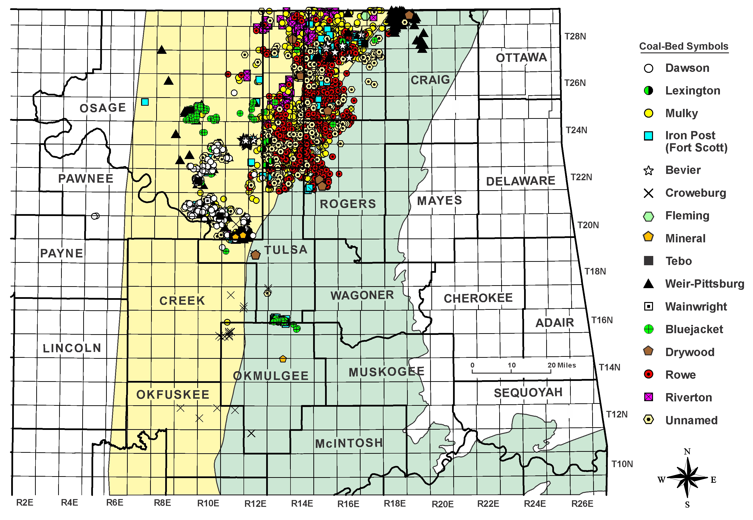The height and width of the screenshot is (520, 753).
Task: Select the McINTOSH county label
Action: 349,443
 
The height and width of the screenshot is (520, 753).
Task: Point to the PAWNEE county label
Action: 86,179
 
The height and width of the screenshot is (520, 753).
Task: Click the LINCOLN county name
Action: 72,348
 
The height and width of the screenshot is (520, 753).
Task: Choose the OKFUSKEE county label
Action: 173,395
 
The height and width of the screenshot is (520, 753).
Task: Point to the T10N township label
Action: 622,464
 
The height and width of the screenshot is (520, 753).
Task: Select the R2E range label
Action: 25,503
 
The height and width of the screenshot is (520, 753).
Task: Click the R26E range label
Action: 582,504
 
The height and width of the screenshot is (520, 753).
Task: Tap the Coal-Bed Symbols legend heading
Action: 683,46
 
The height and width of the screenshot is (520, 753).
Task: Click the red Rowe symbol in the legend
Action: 649,374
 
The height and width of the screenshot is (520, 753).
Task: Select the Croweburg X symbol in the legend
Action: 649,193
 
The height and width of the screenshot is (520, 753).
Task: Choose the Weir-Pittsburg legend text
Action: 705,284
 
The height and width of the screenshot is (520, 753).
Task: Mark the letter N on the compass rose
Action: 687,452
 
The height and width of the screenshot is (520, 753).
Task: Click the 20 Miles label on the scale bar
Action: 562,365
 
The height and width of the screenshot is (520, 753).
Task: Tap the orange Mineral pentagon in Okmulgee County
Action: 283,359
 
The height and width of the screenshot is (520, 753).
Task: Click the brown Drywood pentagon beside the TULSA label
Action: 255,255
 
